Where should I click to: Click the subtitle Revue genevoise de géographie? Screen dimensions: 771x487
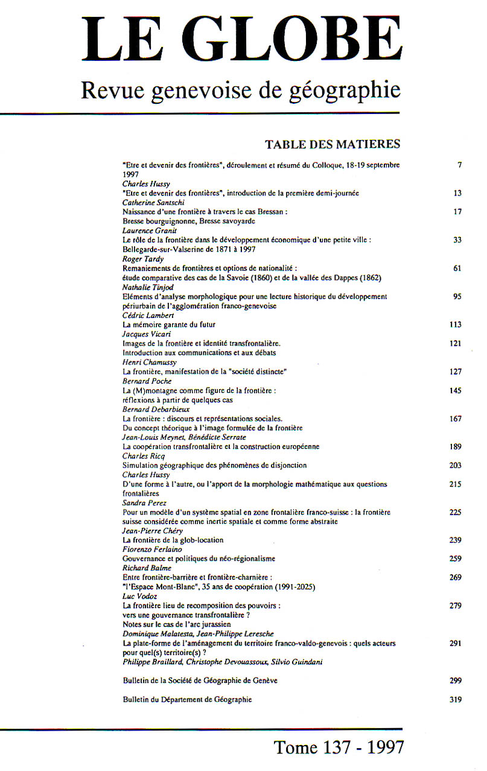pos(240,90)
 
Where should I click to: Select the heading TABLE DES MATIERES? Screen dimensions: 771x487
pos(332,144)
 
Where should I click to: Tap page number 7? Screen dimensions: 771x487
pos(459,165)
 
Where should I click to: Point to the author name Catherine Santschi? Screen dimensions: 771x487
pos(149,203)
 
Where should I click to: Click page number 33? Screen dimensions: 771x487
pos(457,240)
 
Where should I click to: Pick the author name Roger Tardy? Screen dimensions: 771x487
pos(141,259)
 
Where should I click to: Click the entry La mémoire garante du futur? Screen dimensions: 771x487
pos(169,325)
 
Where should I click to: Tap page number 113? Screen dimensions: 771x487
pos(455,325)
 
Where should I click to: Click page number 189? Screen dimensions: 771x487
pos(455,446)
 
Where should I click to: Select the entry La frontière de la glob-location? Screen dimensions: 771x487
pos(173,540)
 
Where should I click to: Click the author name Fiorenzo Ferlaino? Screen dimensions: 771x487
pos(148,550)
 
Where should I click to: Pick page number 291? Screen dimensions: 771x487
pos(455,644)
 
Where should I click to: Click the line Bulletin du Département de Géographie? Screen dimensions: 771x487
pos(187,700)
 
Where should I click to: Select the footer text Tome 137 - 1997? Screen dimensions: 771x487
pos(339,747)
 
